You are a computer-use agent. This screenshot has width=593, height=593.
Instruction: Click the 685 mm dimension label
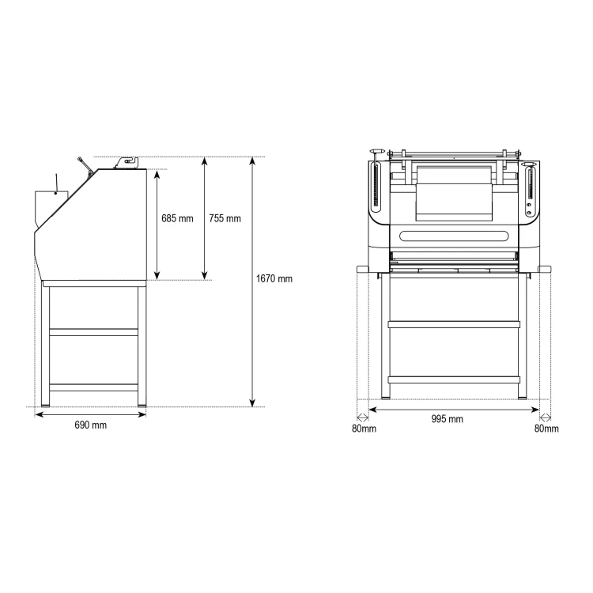(x=177, y=218)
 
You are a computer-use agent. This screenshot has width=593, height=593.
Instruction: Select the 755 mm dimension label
(x=225, y=218)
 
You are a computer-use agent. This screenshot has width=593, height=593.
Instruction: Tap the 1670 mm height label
(x=274, y=279)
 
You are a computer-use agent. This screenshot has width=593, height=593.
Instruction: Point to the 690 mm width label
(x=90, y=425)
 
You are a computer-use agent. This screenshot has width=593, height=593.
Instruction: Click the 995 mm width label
(x=447, y=419)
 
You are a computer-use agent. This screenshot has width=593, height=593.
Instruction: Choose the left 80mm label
(x=364, y=429)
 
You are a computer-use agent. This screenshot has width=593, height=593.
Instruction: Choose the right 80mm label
(x=546, y=429)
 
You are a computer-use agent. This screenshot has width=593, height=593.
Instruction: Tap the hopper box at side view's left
(x=51, y=207)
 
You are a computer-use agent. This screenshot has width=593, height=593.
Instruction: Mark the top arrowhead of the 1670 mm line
(x=253, y=161)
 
